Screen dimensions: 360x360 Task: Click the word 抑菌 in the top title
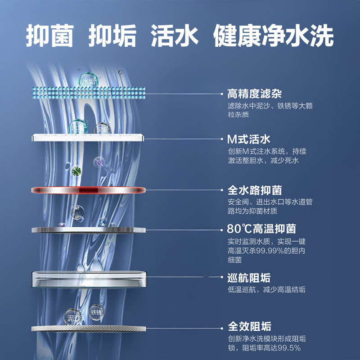tap(49, 35)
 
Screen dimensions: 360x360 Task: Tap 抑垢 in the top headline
tap(112, 35)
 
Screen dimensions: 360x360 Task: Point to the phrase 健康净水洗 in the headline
tap(274, 35)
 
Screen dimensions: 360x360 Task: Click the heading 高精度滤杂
tap(254, 94)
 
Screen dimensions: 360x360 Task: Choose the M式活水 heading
tap(248, 139)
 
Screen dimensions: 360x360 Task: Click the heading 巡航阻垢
tap(249, 278)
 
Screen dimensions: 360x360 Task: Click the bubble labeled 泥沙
tap(73, 318)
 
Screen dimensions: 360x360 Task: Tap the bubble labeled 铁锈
tap(96, 312)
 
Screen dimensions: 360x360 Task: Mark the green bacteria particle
tap(76, 170)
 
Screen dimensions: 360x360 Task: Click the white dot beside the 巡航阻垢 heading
tap(222, 278)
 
